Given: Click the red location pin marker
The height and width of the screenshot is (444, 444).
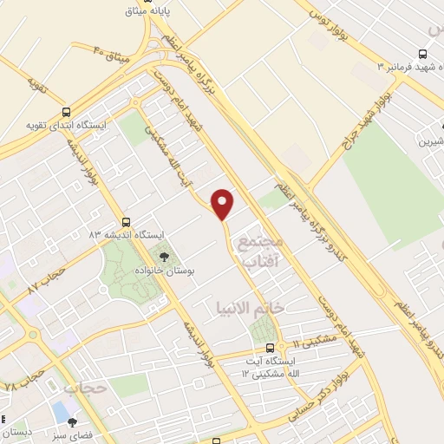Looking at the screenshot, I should pyautogui.click(x=223, y=203).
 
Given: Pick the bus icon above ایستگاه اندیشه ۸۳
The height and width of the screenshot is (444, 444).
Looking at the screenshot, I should pyautogui.click(x=127, y=222).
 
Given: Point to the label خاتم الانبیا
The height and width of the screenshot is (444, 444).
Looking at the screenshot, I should pyautogui.click(x=249, y=307).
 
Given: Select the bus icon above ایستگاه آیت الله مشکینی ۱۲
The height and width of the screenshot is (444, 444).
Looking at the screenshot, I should pyautogui.click(x=270, y=349).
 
